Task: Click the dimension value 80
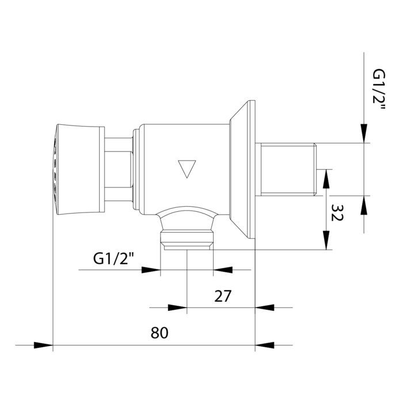tap(159, 333)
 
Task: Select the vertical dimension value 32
tap(337, 215)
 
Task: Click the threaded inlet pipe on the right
tap(288, 169)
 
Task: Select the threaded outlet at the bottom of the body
tap(187, 239)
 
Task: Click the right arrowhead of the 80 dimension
tap(264, 346)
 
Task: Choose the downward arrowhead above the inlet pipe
tap(364, 134)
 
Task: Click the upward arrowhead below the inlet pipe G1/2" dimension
tap(364, 206)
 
